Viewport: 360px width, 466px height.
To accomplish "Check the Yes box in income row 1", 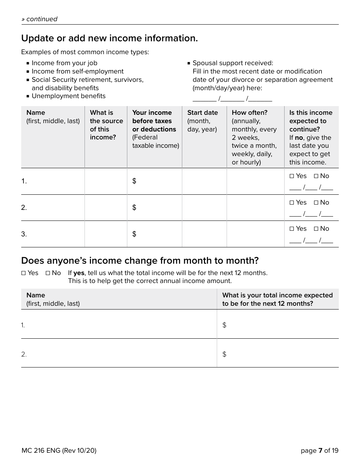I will pyautogui.click(x=291, y=176).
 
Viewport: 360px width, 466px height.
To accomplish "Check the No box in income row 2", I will pyautogui.click(x=316, y=203).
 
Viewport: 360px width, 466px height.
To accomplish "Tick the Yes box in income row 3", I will pyautogui.click(x=291, y=229).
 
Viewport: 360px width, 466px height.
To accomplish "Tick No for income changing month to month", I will pyautogui.click(x=48, y=273).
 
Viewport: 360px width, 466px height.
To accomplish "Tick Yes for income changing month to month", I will pyautogui.click(x=23, y=273).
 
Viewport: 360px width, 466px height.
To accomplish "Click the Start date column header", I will pyautogui.click(x=202, y=113).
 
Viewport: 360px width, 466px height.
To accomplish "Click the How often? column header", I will pyautogui.click(x=249, y=113).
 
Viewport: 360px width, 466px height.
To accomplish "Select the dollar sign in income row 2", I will pyautogui.click(x=134, y=208).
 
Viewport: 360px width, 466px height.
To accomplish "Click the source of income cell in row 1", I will pyautogui.click(x=106, y=181).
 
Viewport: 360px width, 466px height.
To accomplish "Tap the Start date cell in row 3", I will pyautogui.click(x=204, y=234).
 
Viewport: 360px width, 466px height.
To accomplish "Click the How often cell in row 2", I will pyautogui.click(x=255, y=208).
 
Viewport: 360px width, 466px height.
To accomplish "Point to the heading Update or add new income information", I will pyautogui.click(x=110, y=38).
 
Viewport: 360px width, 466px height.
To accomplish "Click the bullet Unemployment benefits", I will pyautogui.click(x=68, y=96).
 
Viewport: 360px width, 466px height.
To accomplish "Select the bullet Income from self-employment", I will pyautogui.click(x=77, y=71).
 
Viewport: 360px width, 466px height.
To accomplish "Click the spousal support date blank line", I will pyautogui.click(x=232, y=99).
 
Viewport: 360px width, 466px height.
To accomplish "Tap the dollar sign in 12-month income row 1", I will pyautogui.click(x=224, y=325).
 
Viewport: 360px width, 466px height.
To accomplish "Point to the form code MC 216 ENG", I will pyautogui.click(x=59, y=450).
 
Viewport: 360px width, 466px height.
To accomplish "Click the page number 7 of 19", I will pyautogui.click(x=319, y=450).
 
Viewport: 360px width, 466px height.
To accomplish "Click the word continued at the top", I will pyautogui.click(x=41, y=19).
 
